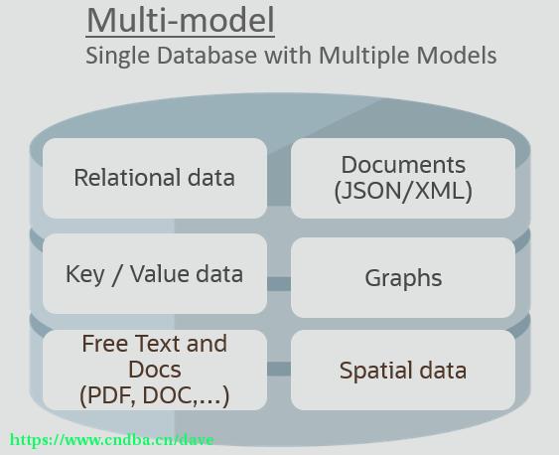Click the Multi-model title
(x=181, y=20)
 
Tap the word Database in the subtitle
(x=207, y=56)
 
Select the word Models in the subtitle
(x=457, y=56)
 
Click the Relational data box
(x=155, y=178)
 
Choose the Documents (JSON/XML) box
(x=403, y=178)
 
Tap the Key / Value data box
(x=155, y=273)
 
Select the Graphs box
(x=403, y=277)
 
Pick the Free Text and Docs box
(x=155, y=370)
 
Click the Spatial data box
(x=403, y=370)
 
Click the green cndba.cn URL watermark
(x=111, y=440)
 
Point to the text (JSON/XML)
(x=403, y=191)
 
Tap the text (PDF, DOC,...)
(x=154, y=395)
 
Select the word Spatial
(x=375, y=372)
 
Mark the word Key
(x=84, y=274)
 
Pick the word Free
(x=105, y=343)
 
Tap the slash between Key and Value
(x=116, y=274)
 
